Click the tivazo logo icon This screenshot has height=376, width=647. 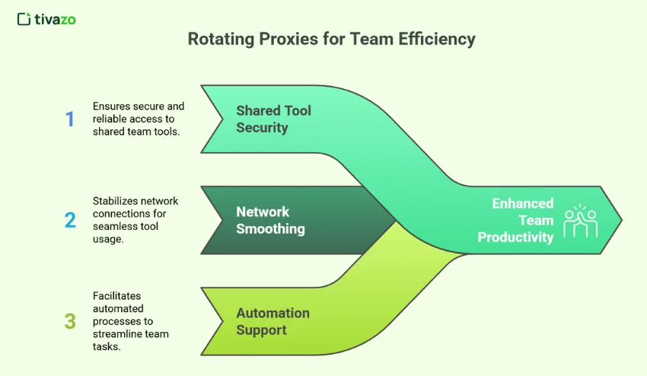click(24, 19)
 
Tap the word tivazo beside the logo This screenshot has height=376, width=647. click(56, 19)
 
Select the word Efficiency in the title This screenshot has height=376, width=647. click(437, 39)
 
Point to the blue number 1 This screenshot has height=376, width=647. click(70, 119)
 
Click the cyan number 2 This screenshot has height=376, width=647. click(70, 220)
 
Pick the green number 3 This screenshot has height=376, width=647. click(70, 321)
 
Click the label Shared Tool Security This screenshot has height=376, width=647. click(273, 119)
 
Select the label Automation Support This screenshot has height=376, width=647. click(273, 321)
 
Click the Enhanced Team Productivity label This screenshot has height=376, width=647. click(517, 220)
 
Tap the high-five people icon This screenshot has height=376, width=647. click(580, 220)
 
